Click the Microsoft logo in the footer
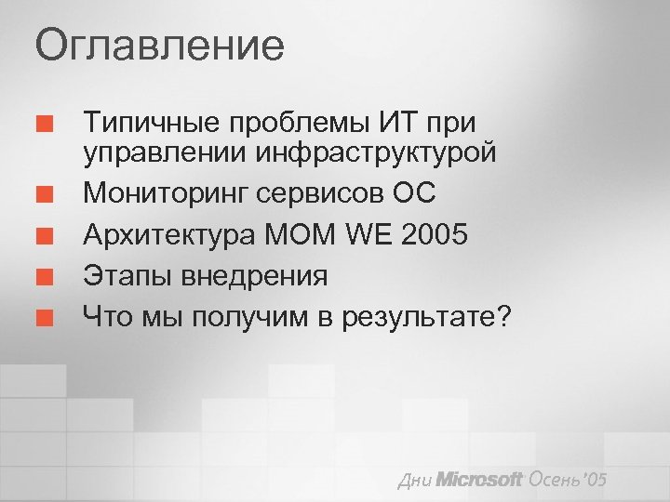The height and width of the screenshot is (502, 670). [480, 480]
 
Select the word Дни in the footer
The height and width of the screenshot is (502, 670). [414, 481]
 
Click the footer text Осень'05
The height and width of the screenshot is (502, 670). [568, 479]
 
